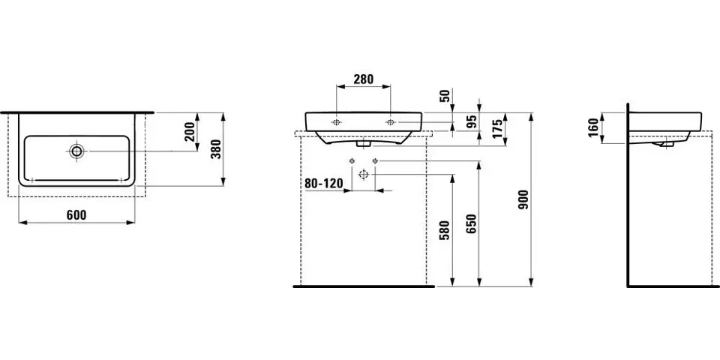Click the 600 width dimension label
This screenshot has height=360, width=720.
point(76,215)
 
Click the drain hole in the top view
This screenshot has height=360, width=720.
point(76,151)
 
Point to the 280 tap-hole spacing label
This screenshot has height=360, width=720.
point(364,79)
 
